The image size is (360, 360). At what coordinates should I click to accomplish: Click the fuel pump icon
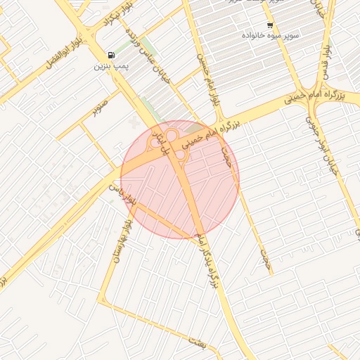click(x=111, y=56)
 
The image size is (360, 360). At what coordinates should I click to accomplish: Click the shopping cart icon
click(x=270, y=25)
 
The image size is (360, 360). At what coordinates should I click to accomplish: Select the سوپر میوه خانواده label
click(x=271, y=34)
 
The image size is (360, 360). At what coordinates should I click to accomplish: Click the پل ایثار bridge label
click(x=166, y=143)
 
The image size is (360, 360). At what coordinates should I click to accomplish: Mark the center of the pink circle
click(x=180, y=179)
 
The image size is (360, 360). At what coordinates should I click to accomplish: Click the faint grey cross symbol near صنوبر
click(x=134, y=124)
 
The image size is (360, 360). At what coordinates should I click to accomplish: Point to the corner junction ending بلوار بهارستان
click(x=103, y=302)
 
